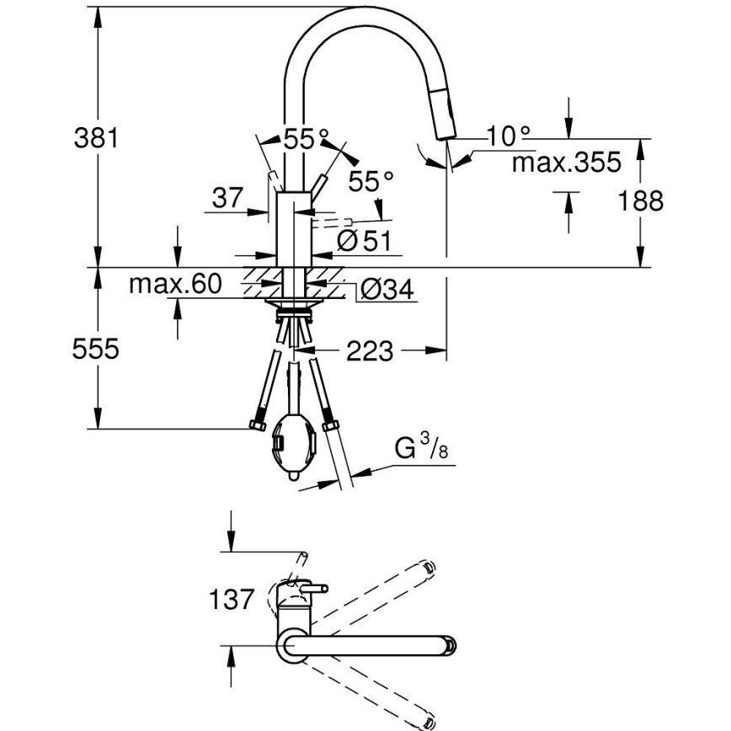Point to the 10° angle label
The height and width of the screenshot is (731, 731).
pyautogui.click(x=510, y=135)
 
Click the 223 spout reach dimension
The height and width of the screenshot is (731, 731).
pyautogui.click(x=370, y=351)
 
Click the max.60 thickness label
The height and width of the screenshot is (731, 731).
pyautogui.click(x=174, y=285)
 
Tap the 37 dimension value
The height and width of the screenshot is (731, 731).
pyautogui.click(x=227, y=199)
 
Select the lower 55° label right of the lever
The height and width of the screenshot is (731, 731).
pyautogui.click(x=371, y=181)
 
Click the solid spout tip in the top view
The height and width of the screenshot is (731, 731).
pyautogui.click(x=450, y=647)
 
